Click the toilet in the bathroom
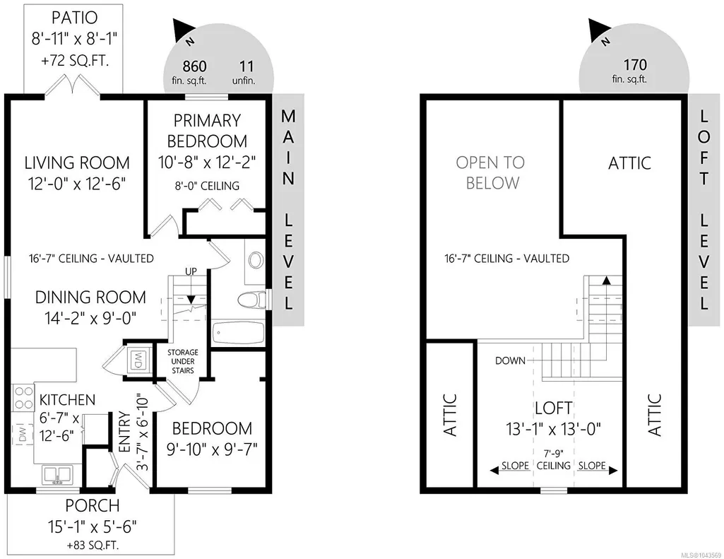tap(251, 301)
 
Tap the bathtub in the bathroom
tap(238, 333)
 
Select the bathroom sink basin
tap(255, 261)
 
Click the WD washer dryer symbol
tap(138, 360)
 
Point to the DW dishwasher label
tap(23, 435)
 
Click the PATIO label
tap(74, 18)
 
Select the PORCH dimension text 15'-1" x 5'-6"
tap(92, 526)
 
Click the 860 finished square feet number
tap(194, 66)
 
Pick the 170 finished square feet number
tap(635, 65)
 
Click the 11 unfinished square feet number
tap(247, 66)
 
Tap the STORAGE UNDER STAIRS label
tap(183, 361)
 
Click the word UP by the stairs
tap(191, 271)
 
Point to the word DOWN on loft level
tap(510, 360)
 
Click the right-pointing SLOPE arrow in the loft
tap(598, 470)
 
